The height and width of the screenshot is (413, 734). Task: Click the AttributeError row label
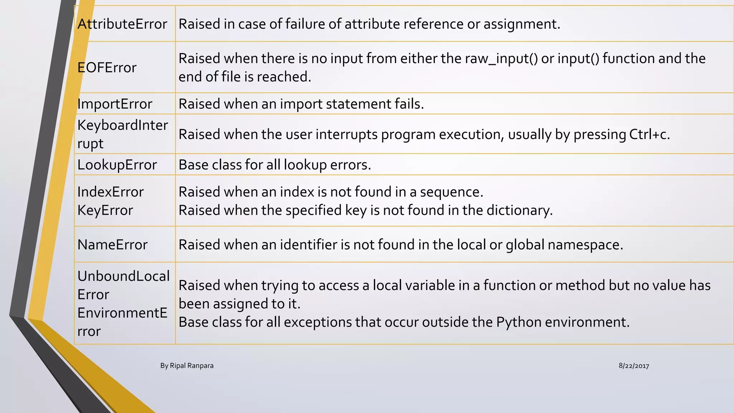122,24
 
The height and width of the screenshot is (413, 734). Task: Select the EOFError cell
107,67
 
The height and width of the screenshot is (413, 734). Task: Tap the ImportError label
115,104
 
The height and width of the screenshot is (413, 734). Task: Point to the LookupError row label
117,165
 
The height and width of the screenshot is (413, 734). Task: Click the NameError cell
112,245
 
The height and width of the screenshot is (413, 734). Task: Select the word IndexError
110,192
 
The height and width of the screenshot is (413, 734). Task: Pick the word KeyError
105,210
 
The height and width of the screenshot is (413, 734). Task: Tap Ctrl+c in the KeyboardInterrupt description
649,134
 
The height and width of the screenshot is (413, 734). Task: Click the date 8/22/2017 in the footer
634,366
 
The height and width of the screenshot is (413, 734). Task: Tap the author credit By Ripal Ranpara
187,366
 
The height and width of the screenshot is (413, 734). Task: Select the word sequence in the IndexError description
451,192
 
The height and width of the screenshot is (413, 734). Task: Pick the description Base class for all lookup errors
275,165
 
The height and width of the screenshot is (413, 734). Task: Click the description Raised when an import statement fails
301,104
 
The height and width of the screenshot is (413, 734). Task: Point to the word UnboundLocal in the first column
123,276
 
